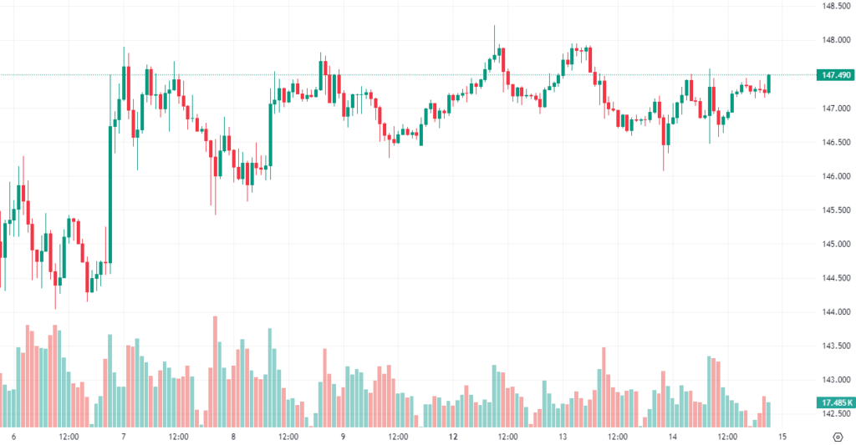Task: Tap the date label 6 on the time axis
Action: pos(13,437)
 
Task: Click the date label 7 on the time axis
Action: pos(124,437)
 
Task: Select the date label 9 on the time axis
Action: pos(344,437)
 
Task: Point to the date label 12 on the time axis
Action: pos(453,437)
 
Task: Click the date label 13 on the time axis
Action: pos(563,437)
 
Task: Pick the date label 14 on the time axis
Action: pos(673,437)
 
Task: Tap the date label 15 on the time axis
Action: pos(782,437)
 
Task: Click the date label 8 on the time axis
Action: pos(233,437)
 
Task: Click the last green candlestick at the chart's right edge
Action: pos(768,83)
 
